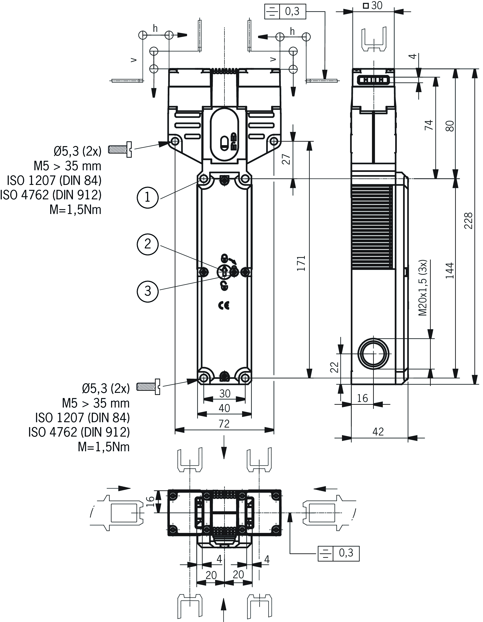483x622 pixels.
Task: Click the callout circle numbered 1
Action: tap(147, 197)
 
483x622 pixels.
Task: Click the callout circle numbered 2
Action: tap(147, 244)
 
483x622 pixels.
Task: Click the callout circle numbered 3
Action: tap(147, 291)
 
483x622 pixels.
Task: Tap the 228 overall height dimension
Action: tap(468, 221)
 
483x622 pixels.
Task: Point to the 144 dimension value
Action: tap(450, 271)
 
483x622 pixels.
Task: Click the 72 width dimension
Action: tap(224, 424)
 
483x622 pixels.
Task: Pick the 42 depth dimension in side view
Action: tap(378, 432)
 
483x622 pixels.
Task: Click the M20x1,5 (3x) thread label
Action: tap(423, 288)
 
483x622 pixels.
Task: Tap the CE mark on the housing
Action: tap(224, 306)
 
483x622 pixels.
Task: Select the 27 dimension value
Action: tap(286, 159)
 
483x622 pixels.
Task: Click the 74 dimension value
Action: tap(429, 125)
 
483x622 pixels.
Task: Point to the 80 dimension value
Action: tap(450, 126)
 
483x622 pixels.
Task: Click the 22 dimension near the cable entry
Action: tap(335, 367)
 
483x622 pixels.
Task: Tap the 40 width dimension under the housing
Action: tap(224, 408)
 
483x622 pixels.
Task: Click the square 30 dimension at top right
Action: tap(373, 6)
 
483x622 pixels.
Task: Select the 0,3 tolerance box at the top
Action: tap(285, 12)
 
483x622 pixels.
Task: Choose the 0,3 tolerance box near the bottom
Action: tap(338, 552)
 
